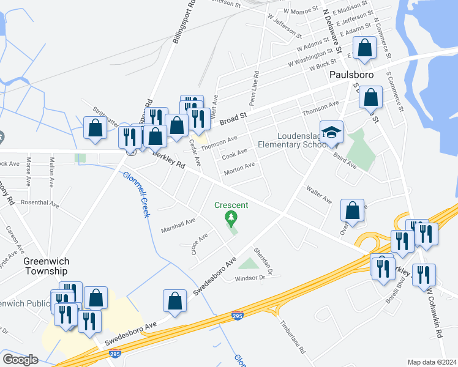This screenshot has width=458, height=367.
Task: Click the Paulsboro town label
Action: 351,75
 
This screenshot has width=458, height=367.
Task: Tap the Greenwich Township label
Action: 46,265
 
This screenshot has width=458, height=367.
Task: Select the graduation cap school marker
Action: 331,132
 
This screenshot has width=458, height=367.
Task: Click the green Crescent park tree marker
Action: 231,217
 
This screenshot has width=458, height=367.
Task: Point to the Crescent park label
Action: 231,205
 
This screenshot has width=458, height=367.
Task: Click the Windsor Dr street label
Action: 249,278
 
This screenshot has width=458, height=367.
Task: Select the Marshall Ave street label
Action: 178,226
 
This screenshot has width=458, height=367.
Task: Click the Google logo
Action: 20,360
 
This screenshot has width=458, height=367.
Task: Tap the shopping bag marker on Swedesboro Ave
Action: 175,301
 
